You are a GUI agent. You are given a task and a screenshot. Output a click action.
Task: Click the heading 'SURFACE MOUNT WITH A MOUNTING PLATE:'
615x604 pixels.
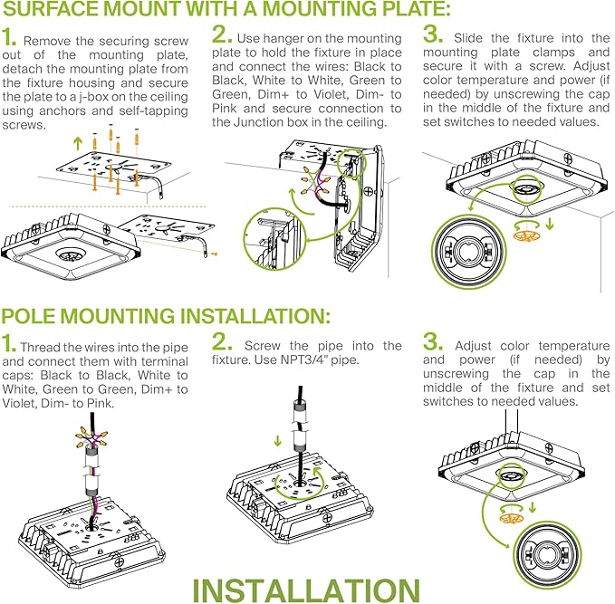(x=226, y=12)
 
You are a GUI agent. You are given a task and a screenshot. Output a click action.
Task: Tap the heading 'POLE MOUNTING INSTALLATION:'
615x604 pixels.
(x=165, y=317)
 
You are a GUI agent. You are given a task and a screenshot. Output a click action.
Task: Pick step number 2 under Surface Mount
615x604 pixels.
(x=221, y=37)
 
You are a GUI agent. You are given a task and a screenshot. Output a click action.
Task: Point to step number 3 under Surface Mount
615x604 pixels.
(x=432, y=37)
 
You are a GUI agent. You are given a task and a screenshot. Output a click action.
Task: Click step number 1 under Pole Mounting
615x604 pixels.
(x=9, y=345)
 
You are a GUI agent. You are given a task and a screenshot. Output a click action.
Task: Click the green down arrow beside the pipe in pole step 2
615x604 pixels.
(x=277, y=443)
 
